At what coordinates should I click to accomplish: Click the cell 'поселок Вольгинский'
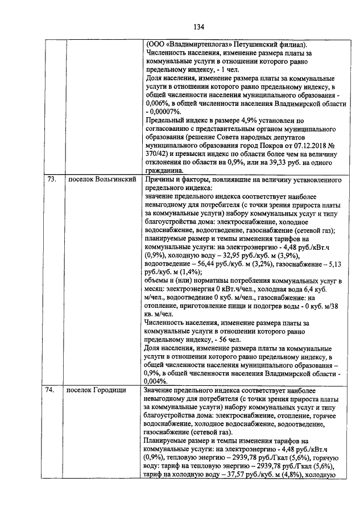pos(101,179)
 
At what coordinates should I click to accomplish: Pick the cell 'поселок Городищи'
pos(98,390)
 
